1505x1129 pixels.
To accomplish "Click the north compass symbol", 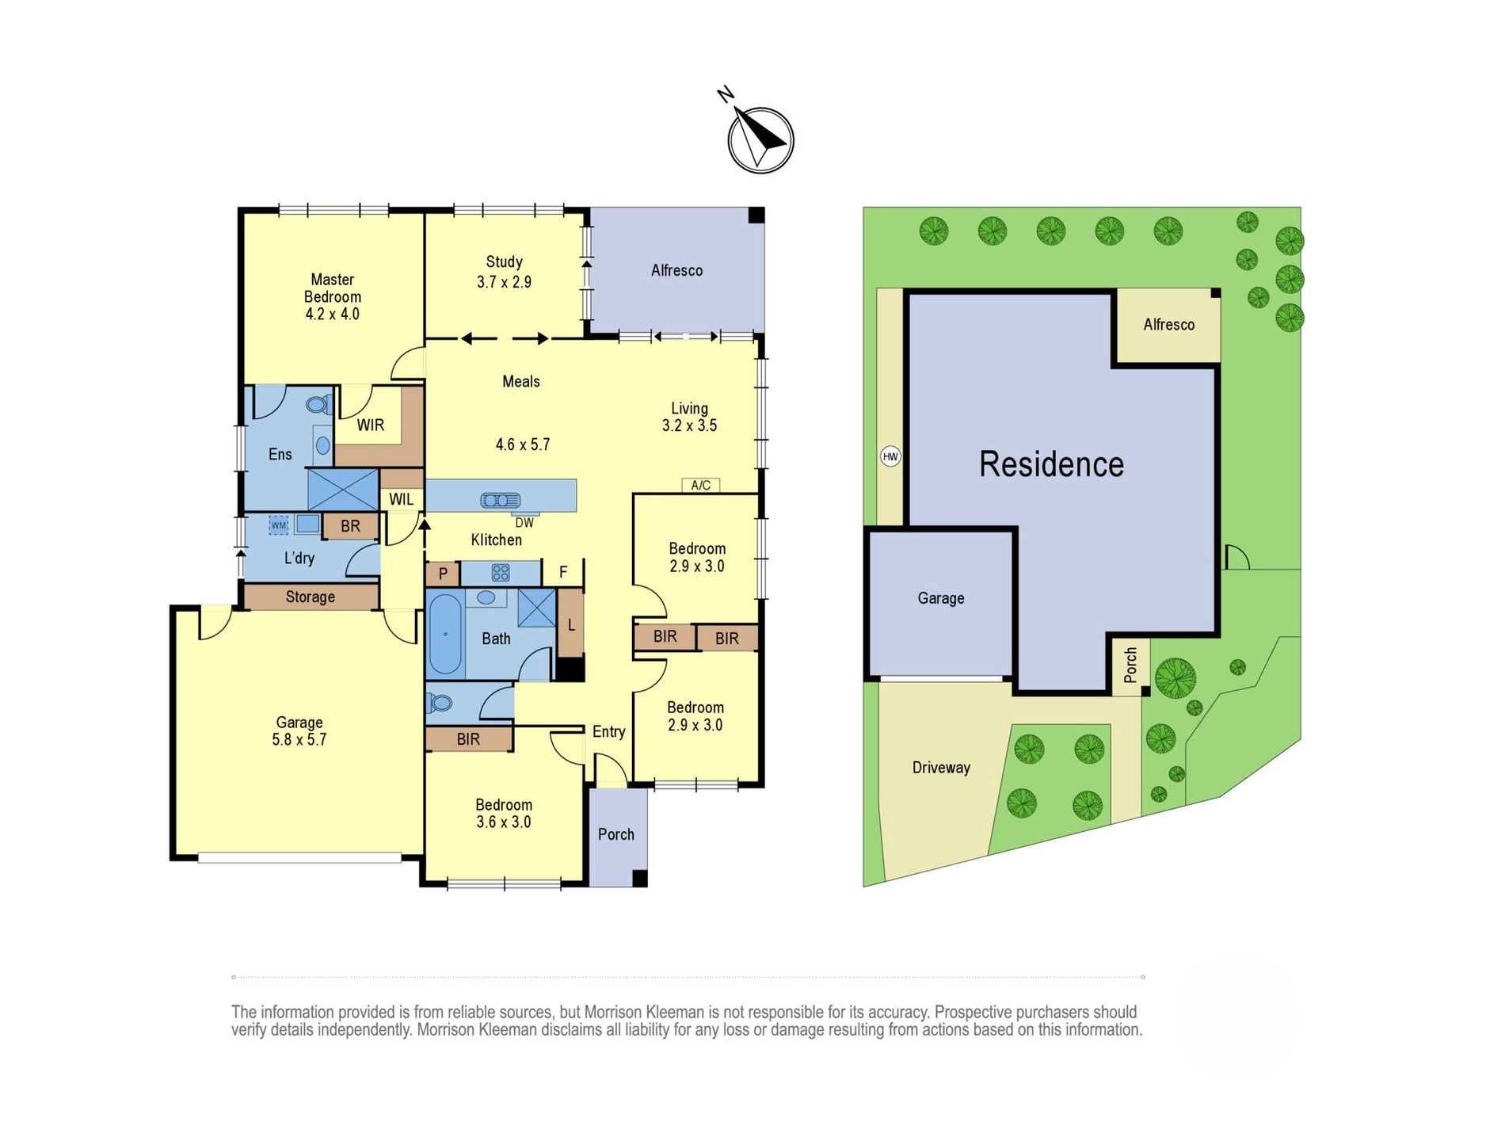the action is (x=760, y=139).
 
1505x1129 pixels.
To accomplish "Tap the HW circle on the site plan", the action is (x=890, y=456).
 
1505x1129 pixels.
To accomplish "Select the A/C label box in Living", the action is (x=701, y=485).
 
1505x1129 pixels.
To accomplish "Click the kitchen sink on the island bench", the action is (x=501, y=500).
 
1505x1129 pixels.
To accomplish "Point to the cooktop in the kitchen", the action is (x=501, y=572).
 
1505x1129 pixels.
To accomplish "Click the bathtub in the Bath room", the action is (x=445, y=634).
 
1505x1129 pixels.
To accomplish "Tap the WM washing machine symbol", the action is (x=279, y=524).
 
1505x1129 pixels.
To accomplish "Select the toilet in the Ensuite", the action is (x=320, y=405).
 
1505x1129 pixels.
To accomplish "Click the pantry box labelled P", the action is (x=443, y=574).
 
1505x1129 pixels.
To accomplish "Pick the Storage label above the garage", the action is (x=311, y=597).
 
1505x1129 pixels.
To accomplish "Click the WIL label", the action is (x=402, y=499).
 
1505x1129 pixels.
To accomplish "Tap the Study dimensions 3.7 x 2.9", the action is (x=504, y=281).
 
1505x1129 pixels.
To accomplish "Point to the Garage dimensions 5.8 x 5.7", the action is (x=299, y=739).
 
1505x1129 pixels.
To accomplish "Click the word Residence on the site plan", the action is (x=1051, y=464).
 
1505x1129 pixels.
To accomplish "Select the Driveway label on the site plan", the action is (x=941, y=767).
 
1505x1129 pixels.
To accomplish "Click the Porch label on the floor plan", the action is (x=616, y=833).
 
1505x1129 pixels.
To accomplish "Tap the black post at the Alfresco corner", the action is (x=756, y=215).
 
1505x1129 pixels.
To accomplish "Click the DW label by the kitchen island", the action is (x=524, y=523).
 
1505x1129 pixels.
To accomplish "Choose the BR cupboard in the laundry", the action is (x=350, y=526).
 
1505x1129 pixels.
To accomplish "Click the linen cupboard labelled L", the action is (x=570, y=625).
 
